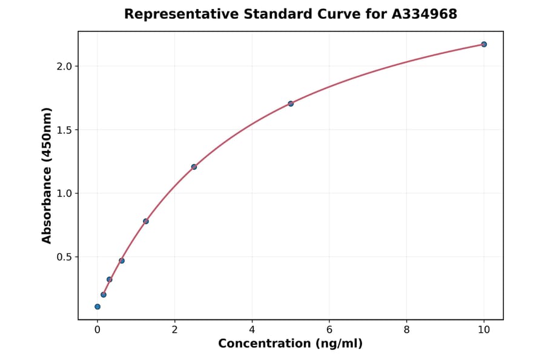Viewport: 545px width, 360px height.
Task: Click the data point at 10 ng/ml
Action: (484, 44)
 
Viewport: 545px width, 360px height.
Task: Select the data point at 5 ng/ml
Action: (291, 104)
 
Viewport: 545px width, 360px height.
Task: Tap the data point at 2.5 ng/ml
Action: (194, 167)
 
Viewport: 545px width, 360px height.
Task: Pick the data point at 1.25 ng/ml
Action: (146, 221)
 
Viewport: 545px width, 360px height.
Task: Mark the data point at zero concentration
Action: (97, 307)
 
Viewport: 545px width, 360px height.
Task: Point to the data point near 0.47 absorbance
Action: (122, 261)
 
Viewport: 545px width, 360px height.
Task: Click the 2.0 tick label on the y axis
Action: (64, 66)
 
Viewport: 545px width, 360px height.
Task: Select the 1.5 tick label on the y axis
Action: (64, 130)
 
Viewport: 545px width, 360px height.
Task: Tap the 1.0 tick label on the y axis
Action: (64, 193)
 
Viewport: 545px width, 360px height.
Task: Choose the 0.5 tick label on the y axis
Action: (64, 257)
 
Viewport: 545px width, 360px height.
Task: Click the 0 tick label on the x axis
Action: (97, 330)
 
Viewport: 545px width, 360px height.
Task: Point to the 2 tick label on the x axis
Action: (174, 330)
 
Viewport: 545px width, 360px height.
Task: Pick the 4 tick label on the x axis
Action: (252, 330)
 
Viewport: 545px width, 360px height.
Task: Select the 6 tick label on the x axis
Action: (329, 330)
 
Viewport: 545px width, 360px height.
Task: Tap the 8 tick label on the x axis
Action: (406, 330)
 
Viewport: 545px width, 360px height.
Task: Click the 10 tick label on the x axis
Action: (484, 330)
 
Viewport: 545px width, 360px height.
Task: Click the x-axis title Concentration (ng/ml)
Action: (290, 344)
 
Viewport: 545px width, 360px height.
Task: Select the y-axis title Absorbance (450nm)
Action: (47, 176)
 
